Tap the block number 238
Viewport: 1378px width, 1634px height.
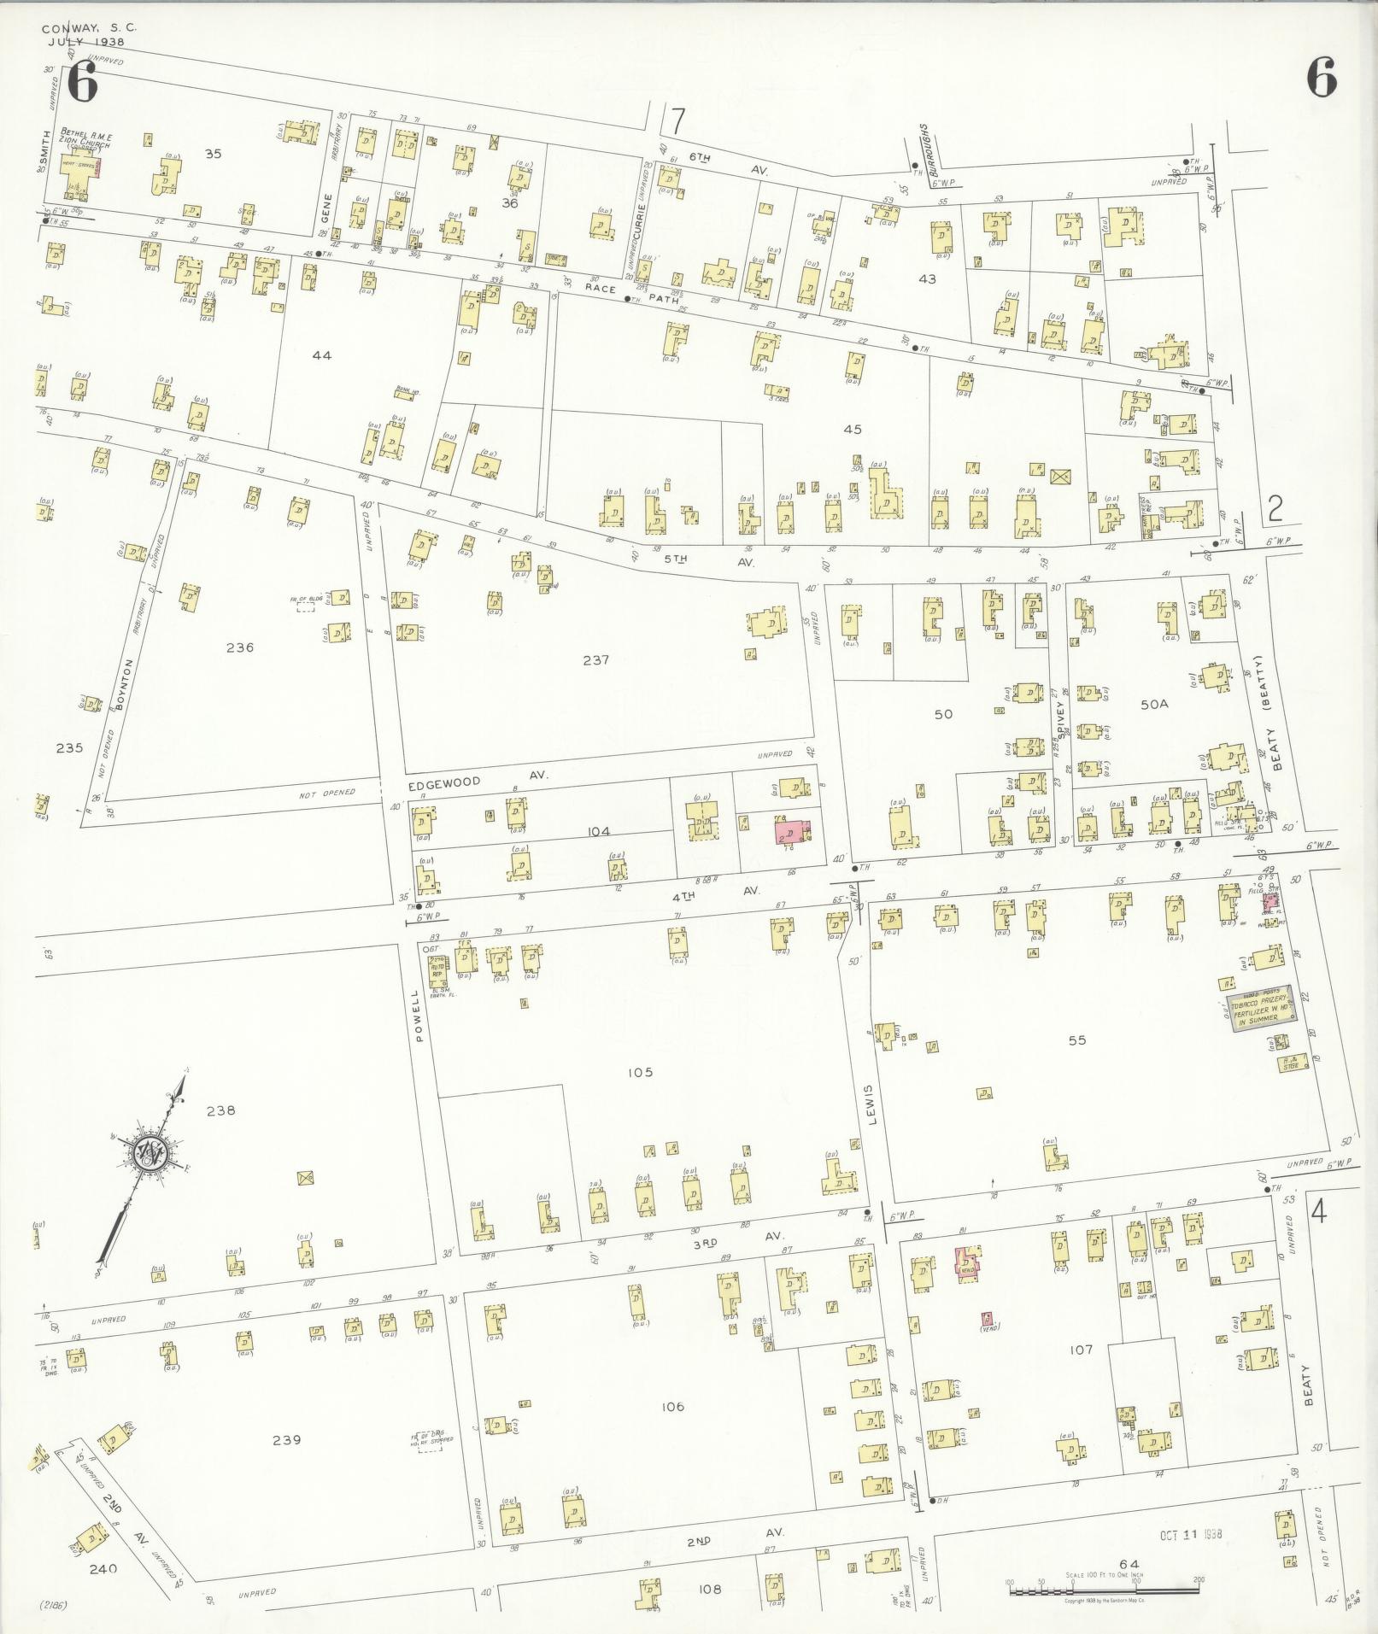[x=220, y=1110]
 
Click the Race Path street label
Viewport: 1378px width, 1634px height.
[x=633, y=292]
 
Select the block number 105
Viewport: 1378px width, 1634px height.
[x=639, y=1072]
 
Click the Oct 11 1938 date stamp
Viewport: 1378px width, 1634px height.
[x=1191, y=1533]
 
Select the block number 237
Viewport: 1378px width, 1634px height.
[x=595, y=659]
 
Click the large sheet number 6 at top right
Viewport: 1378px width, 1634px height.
[x=1321, y=81]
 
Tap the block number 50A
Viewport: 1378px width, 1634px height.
[x=1153, y=704]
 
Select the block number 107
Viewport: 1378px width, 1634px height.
[x=1081, y=1350]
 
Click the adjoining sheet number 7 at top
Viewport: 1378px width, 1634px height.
[x=677, y=122]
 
